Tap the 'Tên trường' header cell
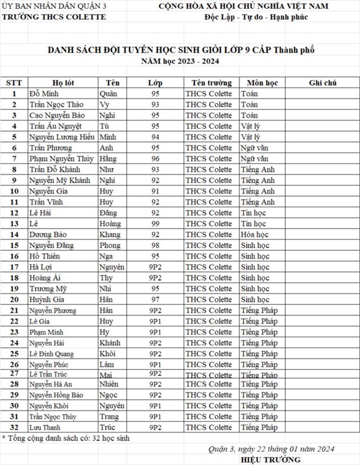coord(208,82)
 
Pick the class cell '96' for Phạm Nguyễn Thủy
coord(155,158)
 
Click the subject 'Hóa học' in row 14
coord(254,235)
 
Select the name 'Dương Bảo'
coord(46,235)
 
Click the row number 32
coord(14,428)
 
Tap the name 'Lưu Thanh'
coord(46,428)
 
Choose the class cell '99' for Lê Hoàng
coord(155,224)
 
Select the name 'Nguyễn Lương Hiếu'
coord(58,137)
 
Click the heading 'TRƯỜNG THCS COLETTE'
coord(55,16)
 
